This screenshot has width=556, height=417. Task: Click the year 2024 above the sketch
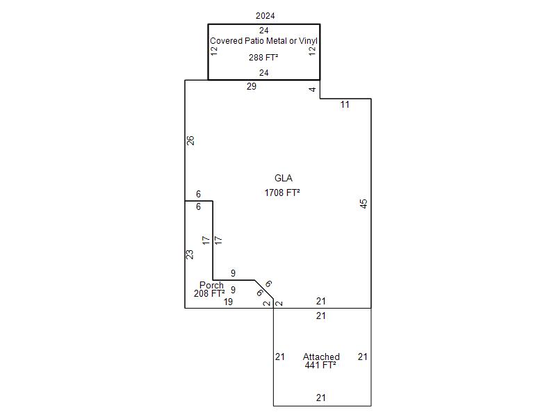[265, 15]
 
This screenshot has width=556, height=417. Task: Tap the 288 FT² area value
[263, 58]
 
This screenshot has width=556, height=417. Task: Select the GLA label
[283, 179]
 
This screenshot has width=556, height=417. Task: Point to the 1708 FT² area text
[282, 193]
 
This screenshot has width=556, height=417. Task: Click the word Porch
[211, 286]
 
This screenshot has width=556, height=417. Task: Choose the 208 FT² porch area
[209, 294]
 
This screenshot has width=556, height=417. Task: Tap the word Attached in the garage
[321, 357]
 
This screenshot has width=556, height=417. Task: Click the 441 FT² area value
[320, 365]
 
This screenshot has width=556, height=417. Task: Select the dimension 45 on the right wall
[363, 204]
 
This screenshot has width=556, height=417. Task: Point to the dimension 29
[252, 87]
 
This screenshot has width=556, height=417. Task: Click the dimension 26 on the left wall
[190, 140]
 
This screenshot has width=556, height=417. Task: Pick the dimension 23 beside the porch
[190, 254]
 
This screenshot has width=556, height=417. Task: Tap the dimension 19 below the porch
[228, 302]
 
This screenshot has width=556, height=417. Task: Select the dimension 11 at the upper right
[345, 105]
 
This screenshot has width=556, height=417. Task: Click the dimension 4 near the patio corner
[313, 89]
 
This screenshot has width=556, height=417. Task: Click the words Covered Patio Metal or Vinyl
[263, 41]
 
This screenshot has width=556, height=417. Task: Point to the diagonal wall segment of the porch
[264, 291]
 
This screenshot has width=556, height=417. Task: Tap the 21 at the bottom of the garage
[321, 398]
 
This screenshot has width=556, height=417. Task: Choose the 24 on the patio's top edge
[264, 31]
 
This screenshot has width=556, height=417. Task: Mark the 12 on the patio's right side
[313, 51]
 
